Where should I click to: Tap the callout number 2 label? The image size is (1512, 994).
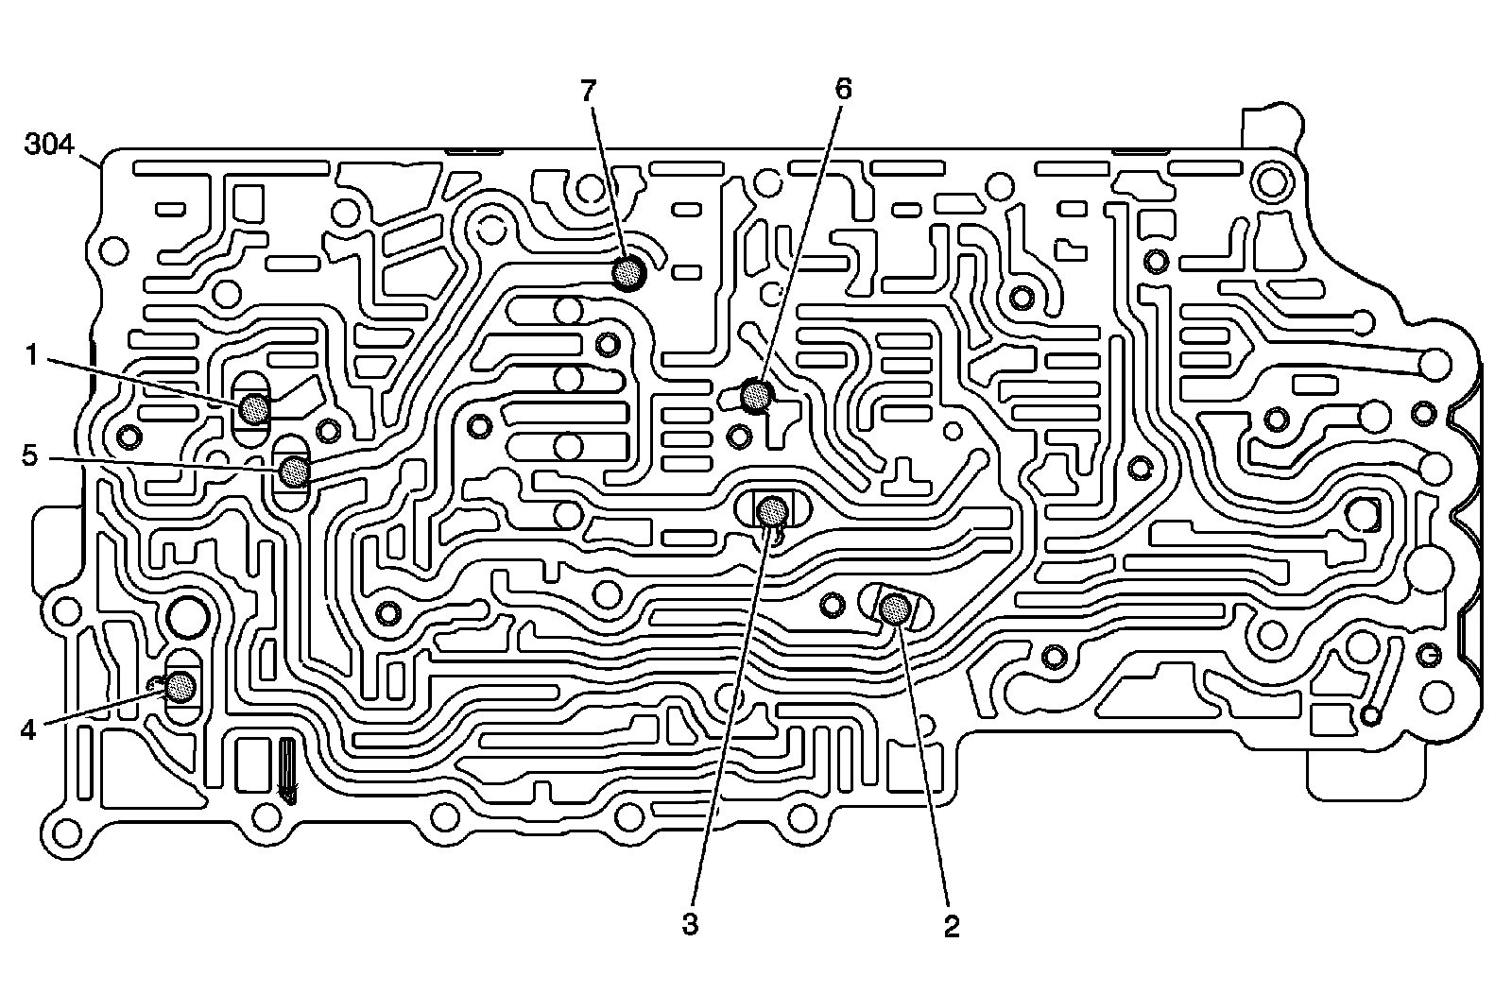point(952,925)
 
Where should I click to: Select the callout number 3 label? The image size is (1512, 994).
point(690,923)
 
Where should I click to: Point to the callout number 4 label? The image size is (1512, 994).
point(28,729)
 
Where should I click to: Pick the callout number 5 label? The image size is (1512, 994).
point(30,456)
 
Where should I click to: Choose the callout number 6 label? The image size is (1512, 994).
point(842,89)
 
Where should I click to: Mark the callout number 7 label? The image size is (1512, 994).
point(589,91)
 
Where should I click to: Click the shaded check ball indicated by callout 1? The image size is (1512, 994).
point(254,409)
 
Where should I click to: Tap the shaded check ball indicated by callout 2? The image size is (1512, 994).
point(894,609)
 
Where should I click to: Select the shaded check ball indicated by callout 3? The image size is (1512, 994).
point(773,510)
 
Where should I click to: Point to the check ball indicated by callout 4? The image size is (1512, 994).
point(180,685)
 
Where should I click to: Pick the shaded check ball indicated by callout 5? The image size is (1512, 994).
point(294,469)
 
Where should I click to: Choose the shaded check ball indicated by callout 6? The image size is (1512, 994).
point(756,395)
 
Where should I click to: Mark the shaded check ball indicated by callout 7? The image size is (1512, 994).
point(627,273)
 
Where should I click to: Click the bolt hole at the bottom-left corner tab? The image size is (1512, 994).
point(66,832)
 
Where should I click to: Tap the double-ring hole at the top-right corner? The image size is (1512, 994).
point(1269,178)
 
